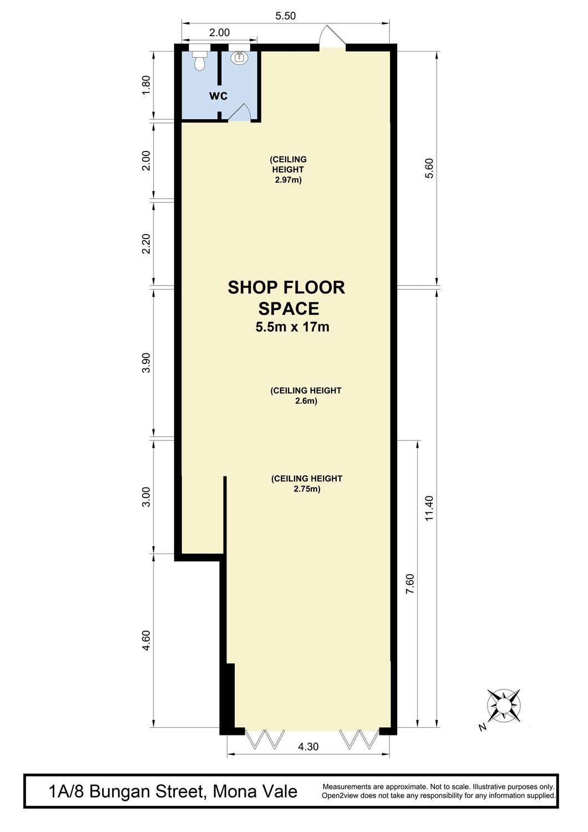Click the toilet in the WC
[200, 60]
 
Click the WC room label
[219, 96]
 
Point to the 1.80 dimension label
[146, 85]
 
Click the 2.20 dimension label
[146, 243]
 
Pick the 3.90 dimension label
[146, 363]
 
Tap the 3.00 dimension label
[146, 496]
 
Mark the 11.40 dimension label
[429, 509]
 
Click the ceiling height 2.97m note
[288, 170]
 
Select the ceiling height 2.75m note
[307, 484]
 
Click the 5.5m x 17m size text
[292, 327]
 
